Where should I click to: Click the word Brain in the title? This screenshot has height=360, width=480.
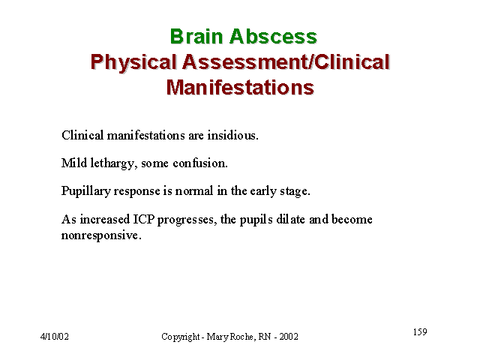click(x=196, y=37)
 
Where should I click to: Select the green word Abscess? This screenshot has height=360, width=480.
click(x=273, y=37)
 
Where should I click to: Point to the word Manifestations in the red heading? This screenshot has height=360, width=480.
click(x=240, y=87)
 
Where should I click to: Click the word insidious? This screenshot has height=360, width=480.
click(x=233, y=135)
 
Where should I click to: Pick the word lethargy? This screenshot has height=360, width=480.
click(x=113, y=163)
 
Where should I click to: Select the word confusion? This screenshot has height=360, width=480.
click(x=200, y=163)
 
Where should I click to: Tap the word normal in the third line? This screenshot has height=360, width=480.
click(x=194, y=191)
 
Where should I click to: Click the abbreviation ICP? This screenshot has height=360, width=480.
click(x=144, y=219)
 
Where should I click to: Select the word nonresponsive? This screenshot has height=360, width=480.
click(x=101, y=235)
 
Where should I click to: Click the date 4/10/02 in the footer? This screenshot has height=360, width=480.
click(x=55, y=337)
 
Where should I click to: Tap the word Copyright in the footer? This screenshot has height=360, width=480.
click(x=181, y=337)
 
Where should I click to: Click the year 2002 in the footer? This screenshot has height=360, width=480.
click(x=289, y=337)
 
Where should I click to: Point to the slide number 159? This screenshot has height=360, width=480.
click(x=420, y=331)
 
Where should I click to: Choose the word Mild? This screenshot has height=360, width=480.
click(x=74, y=163)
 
